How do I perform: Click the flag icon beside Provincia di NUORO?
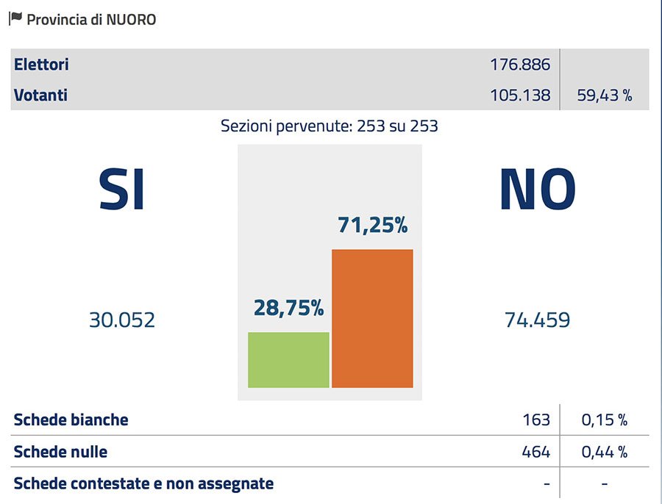15,19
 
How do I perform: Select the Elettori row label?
41,65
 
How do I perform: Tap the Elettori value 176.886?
520,65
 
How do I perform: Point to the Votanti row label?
40,95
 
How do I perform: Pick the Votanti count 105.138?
520,95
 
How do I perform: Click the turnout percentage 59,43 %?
605,95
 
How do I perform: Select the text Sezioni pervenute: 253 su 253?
330,126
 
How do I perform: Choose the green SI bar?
288,359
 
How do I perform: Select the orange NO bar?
372,318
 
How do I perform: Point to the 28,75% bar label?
288,309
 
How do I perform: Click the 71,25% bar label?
372,225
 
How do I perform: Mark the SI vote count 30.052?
122,320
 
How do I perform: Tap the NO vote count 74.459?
537,320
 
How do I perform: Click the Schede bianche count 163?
536,420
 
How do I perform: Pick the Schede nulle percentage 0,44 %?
605,452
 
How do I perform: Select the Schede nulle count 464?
535,452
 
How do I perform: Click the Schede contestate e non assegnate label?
143,483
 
